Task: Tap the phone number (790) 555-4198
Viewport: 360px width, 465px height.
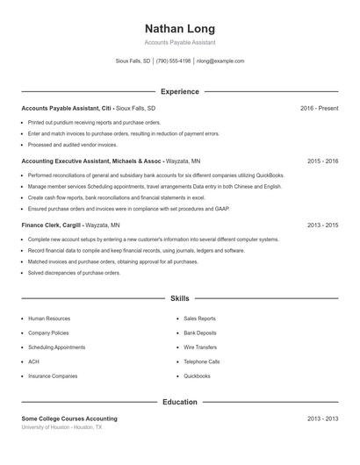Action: (173, 61)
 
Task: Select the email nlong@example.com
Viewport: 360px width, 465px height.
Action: (220, 61)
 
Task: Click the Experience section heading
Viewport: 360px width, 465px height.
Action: (179, 91)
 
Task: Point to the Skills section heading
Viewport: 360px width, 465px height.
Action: (179, 299)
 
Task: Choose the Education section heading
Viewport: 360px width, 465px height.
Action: (179, 402)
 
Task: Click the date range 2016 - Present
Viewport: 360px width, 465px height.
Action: (319, 108)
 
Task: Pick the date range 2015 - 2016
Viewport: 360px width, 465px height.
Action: (323, 161)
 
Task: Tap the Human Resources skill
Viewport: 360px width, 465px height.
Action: (48, 318)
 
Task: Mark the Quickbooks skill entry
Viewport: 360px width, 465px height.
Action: (197, 376)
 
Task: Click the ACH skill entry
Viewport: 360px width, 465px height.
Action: (33, 361)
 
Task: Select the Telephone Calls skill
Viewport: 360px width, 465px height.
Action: (201, 361)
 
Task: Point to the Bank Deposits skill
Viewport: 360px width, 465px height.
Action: (200, 333)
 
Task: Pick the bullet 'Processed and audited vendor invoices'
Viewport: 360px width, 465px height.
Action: (72, 145)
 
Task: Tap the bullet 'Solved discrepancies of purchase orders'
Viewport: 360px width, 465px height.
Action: (74, 273)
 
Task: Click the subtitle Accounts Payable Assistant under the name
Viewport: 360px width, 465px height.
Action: (179, 43)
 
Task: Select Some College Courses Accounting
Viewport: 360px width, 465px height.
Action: (69, 418)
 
